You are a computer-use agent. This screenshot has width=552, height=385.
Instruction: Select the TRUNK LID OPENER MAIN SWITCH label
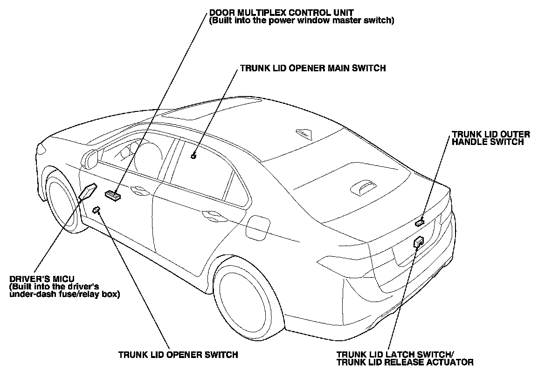coord(313,68)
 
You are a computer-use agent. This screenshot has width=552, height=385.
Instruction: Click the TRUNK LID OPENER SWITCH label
coord(178,355)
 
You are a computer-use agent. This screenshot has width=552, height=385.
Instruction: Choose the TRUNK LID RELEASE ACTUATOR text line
coord(405,362)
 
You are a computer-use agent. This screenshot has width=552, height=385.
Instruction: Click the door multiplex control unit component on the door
coord(113,195)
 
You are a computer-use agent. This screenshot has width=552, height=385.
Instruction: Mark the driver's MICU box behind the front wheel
coord(88,191)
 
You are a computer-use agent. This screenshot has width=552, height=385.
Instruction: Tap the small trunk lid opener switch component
coord(97,209)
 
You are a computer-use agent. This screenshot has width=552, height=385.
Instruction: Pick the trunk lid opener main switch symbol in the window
coord(194,156)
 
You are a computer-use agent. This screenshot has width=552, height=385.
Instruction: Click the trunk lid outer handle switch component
coord(420,222)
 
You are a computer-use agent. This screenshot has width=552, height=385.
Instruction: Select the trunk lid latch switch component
coord(418,241)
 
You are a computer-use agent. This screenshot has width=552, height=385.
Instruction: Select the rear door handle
coord(212,215)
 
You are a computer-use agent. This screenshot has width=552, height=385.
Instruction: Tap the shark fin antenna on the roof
coord(304,133)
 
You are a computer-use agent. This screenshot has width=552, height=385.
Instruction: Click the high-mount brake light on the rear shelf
coord(362,186)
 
